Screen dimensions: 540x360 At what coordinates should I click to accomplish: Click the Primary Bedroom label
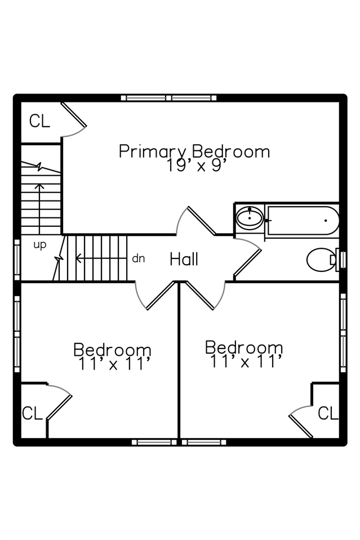[194, 151]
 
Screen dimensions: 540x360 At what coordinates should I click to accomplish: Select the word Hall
[184, 259]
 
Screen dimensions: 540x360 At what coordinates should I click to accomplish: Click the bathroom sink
[249, 217]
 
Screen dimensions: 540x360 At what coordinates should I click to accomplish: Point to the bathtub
[302, 220]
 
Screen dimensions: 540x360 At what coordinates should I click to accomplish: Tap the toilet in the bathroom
[319, 260]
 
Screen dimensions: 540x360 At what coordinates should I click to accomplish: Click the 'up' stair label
[39, 245]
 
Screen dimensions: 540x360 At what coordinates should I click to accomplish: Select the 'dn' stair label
[138, 258]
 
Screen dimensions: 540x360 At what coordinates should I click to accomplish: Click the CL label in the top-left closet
[39, 121]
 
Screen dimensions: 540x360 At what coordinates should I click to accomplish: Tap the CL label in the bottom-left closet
[32, 413]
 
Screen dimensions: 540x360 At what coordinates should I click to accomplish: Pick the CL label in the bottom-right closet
[328, 413]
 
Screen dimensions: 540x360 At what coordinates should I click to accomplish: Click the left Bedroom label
[112, 350]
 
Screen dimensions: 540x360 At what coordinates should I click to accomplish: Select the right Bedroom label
[243, 346]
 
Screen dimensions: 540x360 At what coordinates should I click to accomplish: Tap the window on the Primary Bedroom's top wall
[168, 98]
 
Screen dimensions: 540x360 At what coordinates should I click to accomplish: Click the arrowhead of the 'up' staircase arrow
[39, 185]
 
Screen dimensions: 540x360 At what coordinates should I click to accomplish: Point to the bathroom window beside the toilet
[340, 260]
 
